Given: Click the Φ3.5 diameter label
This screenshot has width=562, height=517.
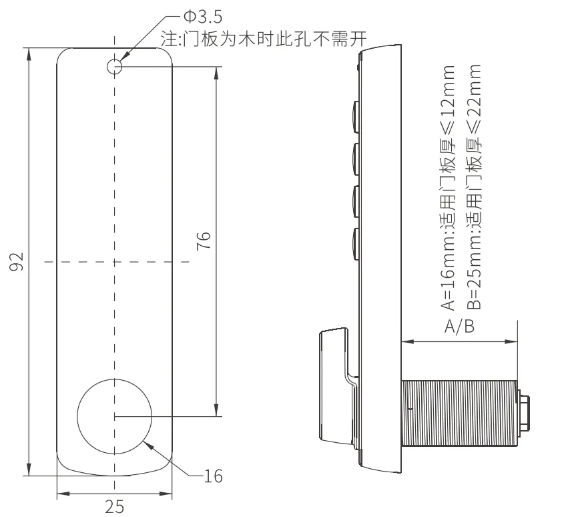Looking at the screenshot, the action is pyautogui.click(x=203, y=17).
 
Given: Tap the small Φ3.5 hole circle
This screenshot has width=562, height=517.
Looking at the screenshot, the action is pyautogui.click(x=115, y=66).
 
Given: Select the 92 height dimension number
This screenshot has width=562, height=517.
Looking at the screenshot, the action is pyautogui.click(x=17, y=262).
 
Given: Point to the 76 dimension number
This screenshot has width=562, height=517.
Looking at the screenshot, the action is pyautogui.click(x=204, y=240).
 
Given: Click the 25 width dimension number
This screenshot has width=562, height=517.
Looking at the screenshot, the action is pyautogui.click(x=115, y=507).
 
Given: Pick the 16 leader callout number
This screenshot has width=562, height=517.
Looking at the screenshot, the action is pyautogui.click(x=214, y=476).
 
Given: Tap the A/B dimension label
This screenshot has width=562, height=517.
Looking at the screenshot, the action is pyautogui.click(x=459, y=327).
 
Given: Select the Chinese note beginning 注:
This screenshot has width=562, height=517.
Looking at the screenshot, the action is pyautogui.click(x=264, y=39).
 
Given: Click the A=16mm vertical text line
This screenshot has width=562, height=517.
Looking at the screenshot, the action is pyautogui.click(x=448, y=187).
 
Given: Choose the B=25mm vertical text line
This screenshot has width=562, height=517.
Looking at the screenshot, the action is pyautogui.click(x=474, y=186).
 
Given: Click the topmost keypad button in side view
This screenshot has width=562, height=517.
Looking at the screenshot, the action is pyautogui.click(x=356, y=117).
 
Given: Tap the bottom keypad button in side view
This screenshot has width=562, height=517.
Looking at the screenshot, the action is pyautogui.click(x=356, y=244).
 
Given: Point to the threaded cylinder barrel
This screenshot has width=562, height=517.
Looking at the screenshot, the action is pyautogui.click(x=459, y=413).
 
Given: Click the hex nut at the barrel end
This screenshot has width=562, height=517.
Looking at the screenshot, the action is pyautogui.click(x=524, y=413).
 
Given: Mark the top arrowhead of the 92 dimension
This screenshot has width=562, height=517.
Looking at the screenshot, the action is pyautogui.click(x=29, y=55).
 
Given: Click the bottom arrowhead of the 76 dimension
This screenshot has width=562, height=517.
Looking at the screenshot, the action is pyautogui.click(x=216, y=409).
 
